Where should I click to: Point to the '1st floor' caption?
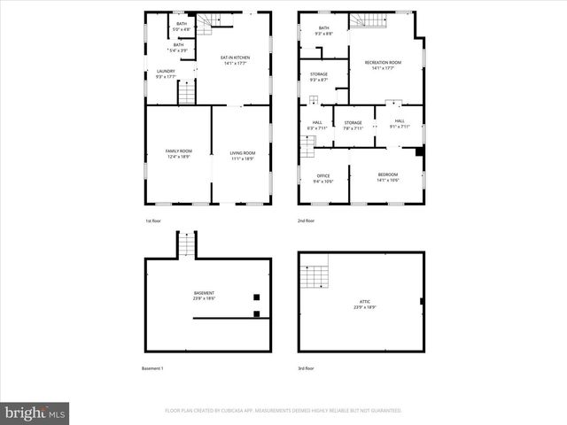pyautogui.click(x=154, y=220)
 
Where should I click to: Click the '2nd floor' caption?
pyautogui.click(x=307, y=220)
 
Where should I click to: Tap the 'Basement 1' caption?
pyautogui.click(x=152, y=368)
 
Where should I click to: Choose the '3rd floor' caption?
pyautogui.click(x=307, y=368)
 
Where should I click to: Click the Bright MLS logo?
pyautogui.click(x=35, y=413)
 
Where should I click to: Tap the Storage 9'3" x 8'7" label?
pyautogui.click(x=319, y=77)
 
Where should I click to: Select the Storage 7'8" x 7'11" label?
pyautogui.click(x=353, y=125)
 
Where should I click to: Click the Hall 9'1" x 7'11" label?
pyautogui.click(x=399, y=123)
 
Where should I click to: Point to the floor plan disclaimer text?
pyautogui.click(x=283, y=411)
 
